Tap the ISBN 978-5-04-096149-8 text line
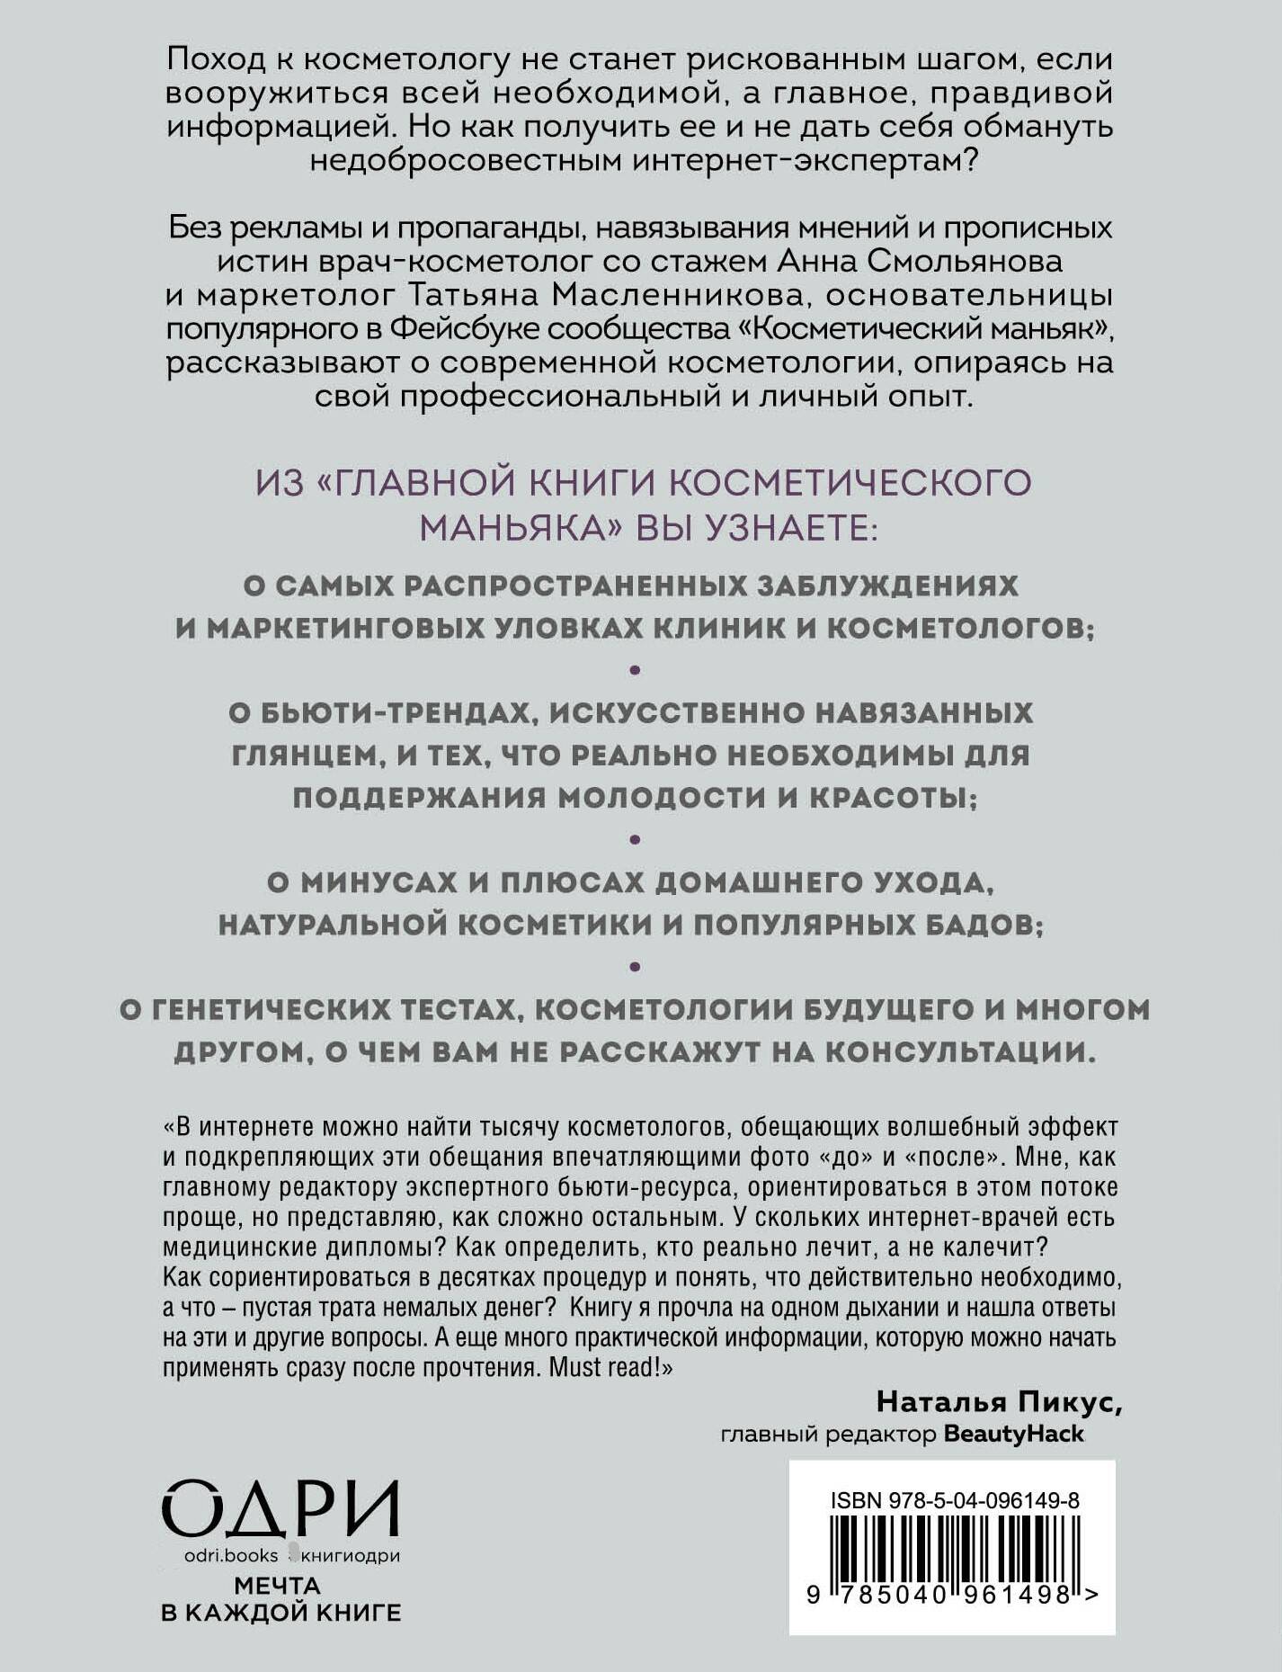[x=955, y=1501]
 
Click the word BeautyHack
[x=1013, y=1435]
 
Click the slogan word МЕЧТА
[x=278, y=1586]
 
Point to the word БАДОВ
[x=984, y=925]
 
